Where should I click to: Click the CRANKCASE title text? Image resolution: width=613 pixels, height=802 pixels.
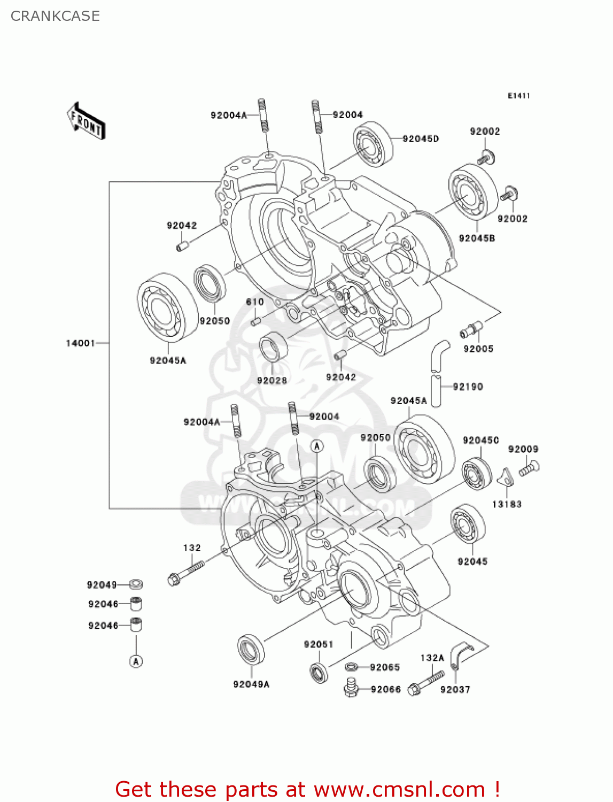pos(55,16)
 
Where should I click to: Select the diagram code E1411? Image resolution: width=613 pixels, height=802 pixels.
pos(518,96)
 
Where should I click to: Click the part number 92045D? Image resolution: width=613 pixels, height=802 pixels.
pos(421,139)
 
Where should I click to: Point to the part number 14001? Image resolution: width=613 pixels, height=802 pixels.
pos(80,343)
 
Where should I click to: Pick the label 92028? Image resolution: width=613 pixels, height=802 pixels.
pos(272,381)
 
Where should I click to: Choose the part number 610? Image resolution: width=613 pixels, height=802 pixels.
pos(255,302)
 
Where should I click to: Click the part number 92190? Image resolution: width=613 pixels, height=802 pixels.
pos(468,387)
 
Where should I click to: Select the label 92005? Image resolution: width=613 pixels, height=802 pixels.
pos(478,349)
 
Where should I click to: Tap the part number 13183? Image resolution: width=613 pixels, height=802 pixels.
pos(507,504)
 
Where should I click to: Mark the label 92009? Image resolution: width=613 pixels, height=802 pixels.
pos(523,449)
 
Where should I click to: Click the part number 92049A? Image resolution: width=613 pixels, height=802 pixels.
pos(251,684)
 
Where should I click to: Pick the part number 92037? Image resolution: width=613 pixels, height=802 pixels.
pos(455,690)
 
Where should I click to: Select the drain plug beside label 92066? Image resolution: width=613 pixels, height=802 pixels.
pos(351,688)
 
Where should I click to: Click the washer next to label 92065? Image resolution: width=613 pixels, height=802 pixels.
pos(351,667)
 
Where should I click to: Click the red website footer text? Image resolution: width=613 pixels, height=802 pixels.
pos(307,789)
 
